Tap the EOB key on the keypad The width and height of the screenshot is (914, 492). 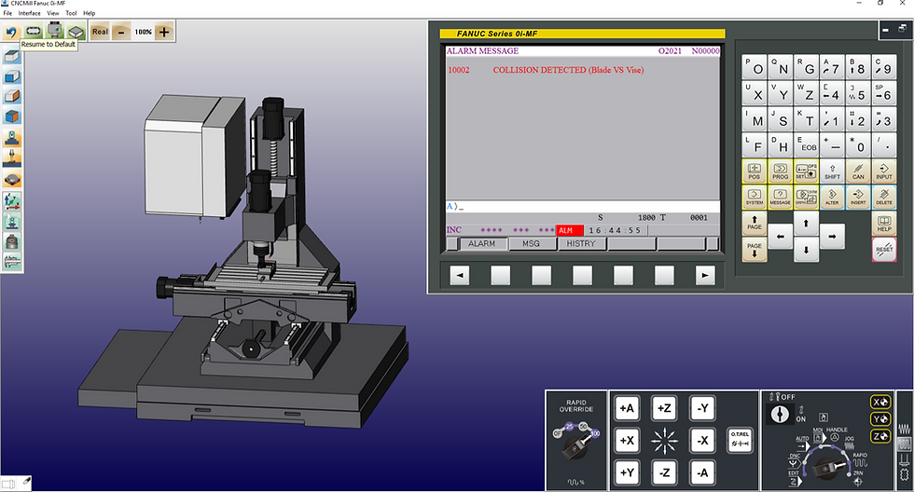tap(807, 144)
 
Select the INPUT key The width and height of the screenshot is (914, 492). tap(883, 171)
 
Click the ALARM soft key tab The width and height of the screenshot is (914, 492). tap(481, 244)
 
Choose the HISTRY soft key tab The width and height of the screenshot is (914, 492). tap(581, 244)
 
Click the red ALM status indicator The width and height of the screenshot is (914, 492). tap(569, 230)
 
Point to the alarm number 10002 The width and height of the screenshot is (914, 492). tap(459, 70)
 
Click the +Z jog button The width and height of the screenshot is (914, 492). tap(664, 408)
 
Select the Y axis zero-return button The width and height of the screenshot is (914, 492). tap(879, 418)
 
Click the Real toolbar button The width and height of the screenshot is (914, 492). tap(100, 32)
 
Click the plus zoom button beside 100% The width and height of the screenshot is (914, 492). tap(164, 32)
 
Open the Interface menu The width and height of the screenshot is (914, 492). tap(29, 13)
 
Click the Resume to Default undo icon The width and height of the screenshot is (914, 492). tap(11, 32)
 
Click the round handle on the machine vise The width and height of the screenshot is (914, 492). tap(251, 348)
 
